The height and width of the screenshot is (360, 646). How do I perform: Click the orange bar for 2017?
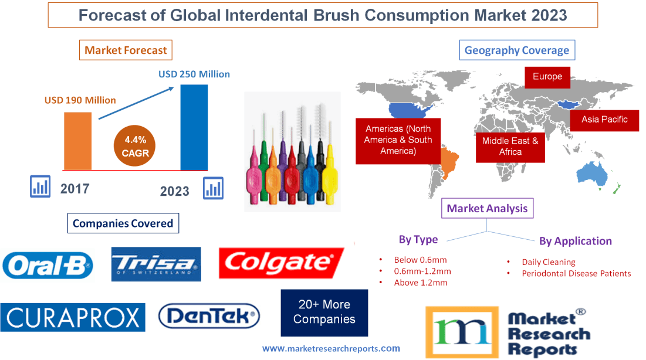tap(77, 141)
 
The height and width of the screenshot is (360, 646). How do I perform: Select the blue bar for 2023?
tap(194, 127)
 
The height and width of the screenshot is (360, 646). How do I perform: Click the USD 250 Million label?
tap(194, 74)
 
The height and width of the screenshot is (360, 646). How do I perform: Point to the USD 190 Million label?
tap(80, 100)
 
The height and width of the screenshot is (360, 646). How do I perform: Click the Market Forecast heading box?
tap(126, 50)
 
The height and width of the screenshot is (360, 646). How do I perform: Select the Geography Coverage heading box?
tap(517, 50)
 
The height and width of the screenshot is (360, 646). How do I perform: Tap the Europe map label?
tap(547, 77)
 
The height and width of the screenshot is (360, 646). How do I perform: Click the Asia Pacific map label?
tap(604, 120)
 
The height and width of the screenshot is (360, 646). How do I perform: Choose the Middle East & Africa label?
tap(510, 146)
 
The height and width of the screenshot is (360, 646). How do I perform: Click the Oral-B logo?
tap(48, 264)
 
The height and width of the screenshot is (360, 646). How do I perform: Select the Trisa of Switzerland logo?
tap(156, 264)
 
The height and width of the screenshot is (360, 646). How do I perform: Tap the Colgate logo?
tap(282, 263)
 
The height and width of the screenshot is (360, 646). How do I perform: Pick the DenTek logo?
tap(209, 317)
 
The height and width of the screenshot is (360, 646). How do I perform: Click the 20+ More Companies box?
tap(324, 313)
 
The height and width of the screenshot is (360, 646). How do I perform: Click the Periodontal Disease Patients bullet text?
tap(576, 273)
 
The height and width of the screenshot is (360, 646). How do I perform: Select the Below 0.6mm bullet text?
tap(420, 260)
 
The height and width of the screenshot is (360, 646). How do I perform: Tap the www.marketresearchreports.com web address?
tap(331, 348)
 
